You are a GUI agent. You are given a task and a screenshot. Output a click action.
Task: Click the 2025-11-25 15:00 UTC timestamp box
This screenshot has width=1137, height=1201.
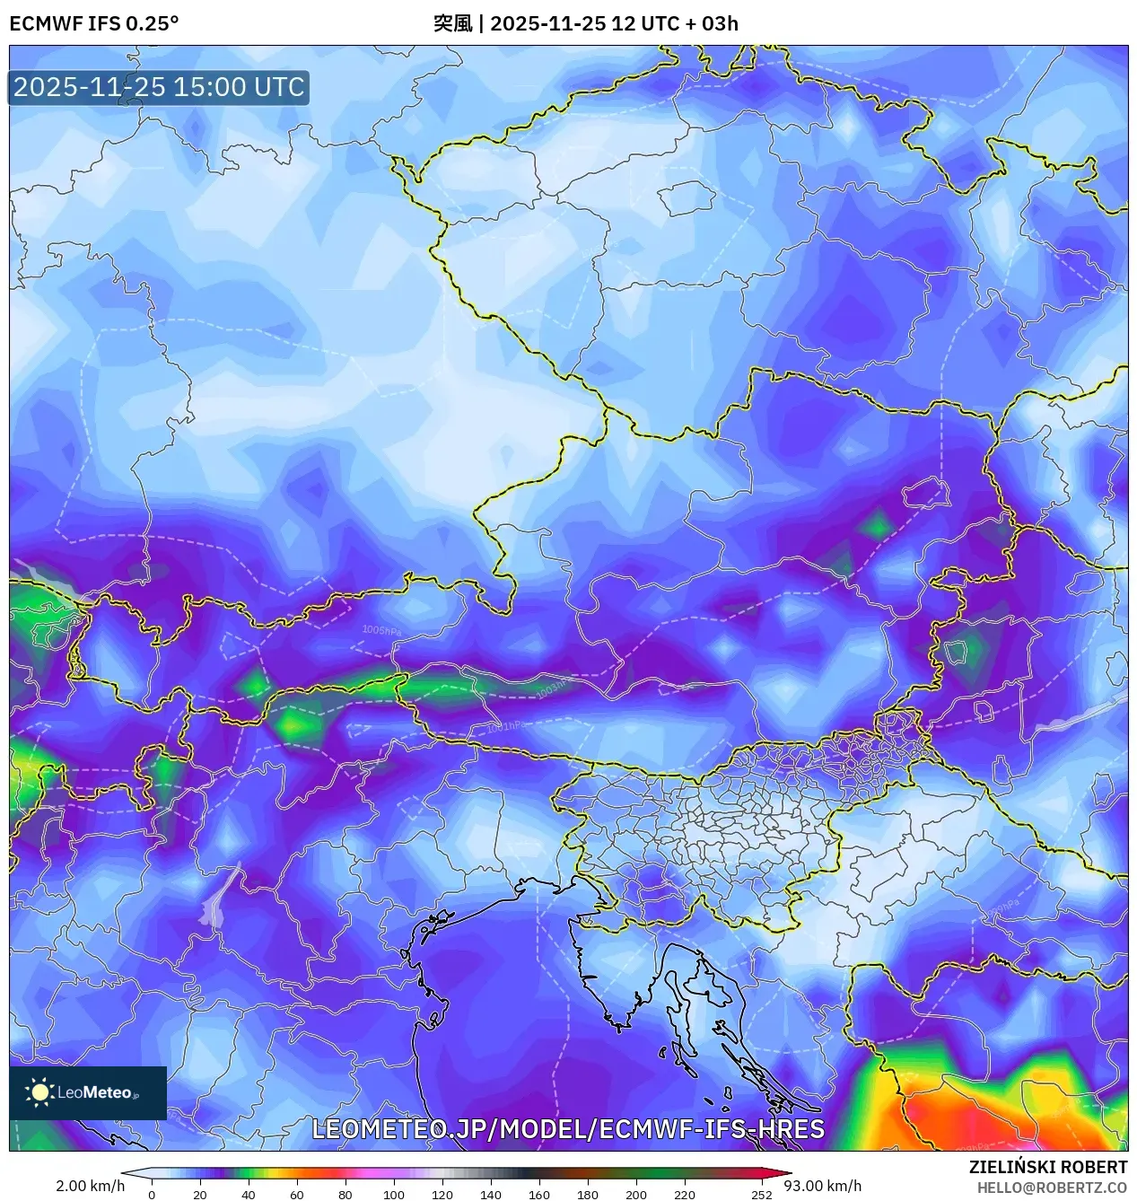coord(159,87)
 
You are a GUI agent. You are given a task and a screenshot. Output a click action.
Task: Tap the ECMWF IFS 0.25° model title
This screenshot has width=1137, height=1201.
coord(94,23)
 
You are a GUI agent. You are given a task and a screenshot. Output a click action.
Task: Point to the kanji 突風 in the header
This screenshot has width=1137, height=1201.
coord(452,23)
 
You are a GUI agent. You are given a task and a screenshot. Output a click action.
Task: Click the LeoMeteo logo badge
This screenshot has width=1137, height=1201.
coord(88,1092)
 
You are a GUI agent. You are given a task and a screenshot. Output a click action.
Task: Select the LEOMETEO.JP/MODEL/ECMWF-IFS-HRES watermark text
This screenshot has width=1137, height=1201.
coord(568,1128)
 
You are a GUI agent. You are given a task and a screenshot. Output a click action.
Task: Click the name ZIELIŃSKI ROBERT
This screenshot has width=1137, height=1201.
coord(1047,1167)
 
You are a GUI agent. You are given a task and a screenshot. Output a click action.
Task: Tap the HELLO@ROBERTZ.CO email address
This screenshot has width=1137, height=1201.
coord(1052,1188)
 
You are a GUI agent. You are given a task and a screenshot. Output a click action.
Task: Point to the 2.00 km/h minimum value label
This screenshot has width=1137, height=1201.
coord(90,1186)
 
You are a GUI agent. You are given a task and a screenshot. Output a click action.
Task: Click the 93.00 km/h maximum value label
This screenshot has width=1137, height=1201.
coord(823,1186)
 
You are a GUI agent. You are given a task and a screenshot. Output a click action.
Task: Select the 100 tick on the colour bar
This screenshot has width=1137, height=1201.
coord(394,1195)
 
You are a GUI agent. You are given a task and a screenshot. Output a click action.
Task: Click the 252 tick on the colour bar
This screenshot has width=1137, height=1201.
coord(762,1195)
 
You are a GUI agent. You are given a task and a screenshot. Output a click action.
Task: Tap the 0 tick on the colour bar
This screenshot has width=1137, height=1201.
coord(152,1195)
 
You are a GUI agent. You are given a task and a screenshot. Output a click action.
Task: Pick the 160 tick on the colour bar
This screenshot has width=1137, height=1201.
coord(539,1195)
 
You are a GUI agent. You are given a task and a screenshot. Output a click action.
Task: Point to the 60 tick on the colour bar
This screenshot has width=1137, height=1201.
coord(297,1195)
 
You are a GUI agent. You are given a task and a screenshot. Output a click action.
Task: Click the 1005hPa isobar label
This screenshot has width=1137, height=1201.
coord(381,631)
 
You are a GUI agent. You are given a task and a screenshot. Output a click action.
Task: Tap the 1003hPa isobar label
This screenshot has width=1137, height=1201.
coord(552,688)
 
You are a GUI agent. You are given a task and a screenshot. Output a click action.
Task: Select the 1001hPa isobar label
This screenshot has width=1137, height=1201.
coord(506,726)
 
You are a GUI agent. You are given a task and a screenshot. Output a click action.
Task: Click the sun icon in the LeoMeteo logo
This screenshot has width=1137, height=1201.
coord(39,1092)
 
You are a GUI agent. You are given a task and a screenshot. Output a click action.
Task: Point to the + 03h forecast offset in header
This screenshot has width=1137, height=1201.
coord(712,23)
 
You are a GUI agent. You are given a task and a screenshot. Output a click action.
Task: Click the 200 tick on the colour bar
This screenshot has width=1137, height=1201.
coord(636,1195)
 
